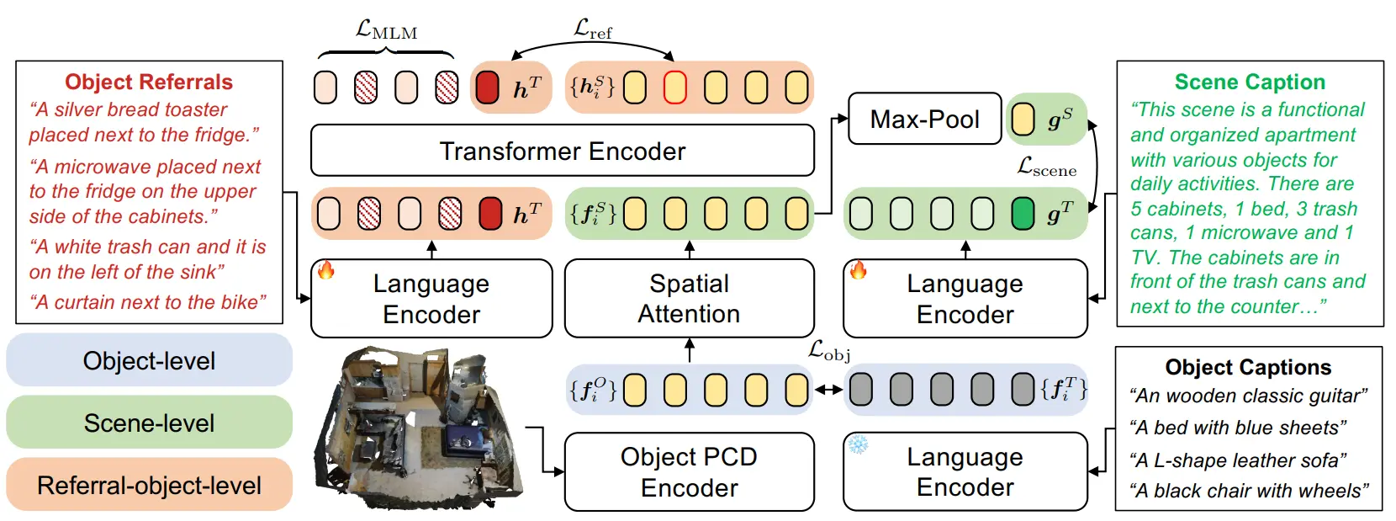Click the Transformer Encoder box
coord(562,151)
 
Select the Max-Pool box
coord(925,119)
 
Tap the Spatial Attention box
coord(690,298)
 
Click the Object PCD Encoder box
coord(690,472)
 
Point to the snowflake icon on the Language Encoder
coord(858,444)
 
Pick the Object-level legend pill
coord(150,360)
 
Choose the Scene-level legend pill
coord(150,423)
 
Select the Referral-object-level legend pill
coord(150,485)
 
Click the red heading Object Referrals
coord(149,82)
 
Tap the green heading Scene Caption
coord(1251,82)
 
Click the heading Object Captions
coord(1248,367)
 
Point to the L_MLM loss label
coord(386,29)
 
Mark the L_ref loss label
coord(593,29)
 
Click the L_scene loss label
coord(1047,167)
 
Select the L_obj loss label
coord(829,351)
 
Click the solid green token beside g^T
coord(1023,214)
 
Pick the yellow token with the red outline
coord(675,87)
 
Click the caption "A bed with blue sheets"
coord(1238,428)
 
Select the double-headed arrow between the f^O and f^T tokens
coord(829,390)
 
